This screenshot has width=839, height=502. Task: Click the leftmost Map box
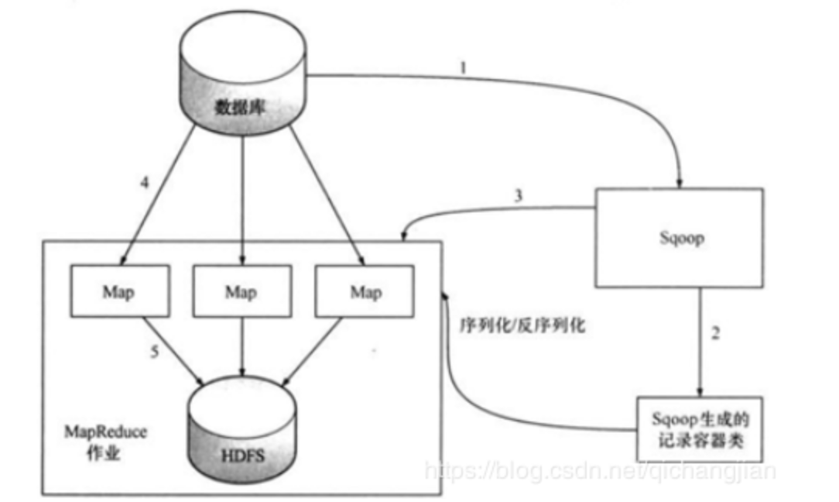[118, 292]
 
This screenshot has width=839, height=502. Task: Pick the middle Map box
[241, 292]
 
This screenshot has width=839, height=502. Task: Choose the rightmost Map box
[365, 292]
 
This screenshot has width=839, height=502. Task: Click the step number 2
[715, 334]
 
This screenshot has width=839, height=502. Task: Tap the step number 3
[518, 196]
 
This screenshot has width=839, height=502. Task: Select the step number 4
[144, 184]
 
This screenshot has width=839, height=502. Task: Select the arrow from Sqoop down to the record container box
[701, 341]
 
